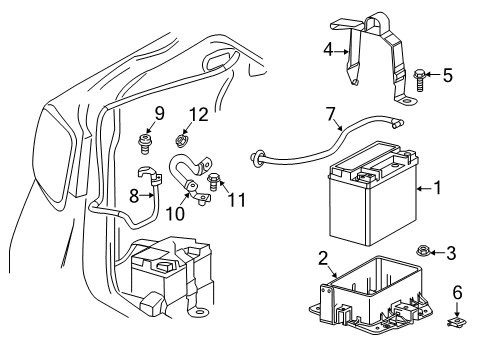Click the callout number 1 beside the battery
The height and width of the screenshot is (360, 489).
(437, 187)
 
